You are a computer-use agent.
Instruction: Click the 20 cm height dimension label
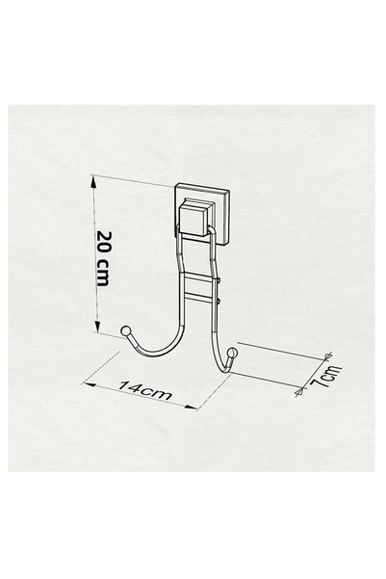[103, 258]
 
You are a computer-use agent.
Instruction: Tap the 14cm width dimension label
[145, 390]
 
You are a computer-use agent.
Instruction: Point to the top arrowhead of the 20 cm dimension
[95, 182]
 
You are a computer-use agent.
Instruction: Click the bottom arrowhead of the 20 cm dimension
[97, 326]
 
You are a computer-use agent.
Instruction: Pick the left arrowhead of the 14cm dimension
[89, 384]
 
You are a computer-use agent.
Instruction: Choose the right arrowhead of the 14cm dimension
[191, 407]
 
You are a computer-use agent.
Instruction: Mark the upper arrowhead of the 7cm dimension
[327, 355]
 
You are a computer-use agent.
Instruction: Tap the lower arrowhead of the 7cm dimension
[299, 391]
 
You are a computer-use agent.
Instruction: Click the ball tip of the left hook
[126, 330]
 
